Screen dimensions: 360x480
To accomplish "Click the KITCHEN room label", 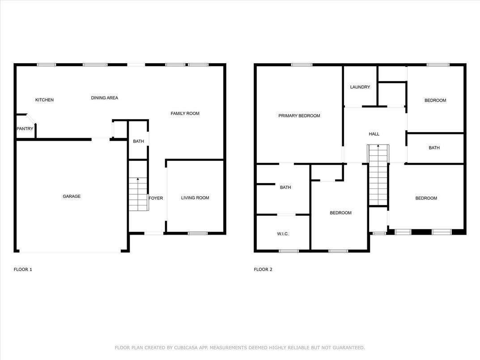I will tap(44, 100).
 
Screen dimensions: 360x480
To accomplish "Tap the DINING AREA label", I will tap(104, 98).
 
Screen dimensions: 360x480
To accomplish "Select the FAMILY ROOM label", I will tap(185, 113).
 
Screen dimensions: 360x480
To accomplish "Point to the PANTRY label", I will tap(25, 129).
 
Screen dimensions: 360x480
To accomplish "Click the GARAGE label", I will tap(72, 196).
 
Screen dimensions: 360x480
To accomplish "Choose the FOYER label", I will tap(156, 198).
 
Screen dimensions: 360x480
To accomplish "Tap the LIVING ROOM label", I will tap(195, 198).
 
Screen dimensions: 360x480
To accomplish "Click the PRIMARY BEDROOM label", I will tap(299, 116).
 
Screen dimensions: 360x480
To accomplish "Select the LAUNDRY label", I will tap(360, 87).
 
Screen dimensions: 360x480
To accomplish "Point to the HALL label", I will tap(374, 134).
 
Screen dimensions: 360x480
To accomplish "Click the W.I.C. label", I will tap(282, 233).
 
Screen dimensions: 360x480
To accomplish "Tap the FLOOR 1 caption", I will tap(23, 270).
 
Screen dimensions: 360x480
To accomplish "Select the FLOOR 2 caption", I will tap(263, 270).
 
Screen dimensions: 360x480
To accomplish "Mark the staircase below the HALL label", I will tap(378, 175).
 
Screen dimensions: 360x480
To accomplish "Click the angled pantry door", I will tap(30, 119).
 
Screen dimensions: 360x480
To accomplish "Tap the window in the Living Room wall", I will tap(197, 233).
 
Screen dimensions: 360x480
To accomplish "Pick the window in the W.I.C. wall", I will tap(289, 251).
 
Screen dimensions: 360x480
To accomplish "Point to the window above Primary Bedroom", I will tap(302, 65).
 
